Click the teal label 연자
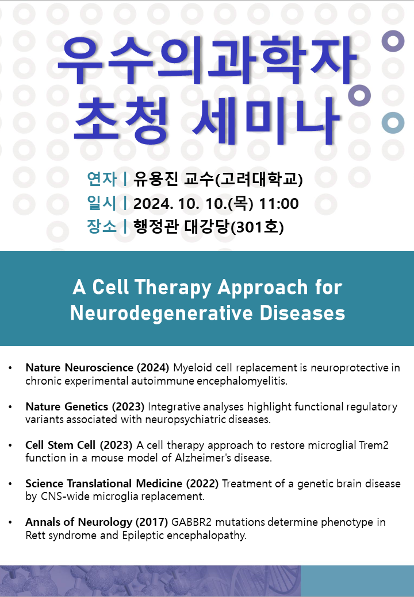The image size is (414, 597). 102,179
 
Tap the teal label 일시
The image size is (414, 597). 102,203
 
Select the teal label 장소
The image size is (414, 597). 102,227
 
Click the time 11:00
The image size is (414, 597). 279,204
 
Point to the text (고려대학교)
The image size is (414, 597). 259,179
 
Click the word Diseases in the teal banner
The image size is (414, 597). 302,313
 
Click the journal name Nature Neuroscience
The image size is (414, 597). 79,368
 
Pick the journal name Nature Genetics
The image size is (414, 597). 67,406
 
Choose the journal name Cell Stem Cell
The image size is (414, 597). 60,445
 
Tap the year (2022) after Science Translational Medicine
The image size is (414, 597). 202,483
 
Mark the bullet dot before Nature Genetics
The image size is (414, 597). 10,407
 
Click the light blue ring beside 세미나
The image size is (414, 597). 393,123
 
